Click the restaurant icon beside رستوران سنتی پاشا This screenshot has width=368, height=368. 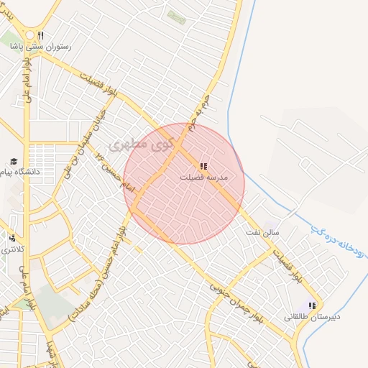point(41,34)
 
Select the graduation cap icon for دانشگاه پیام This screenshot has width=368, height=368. point(12,161)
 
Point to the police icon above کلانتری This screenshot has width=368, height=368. point(12,238)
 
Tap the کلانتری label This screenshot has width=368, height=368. point(12,249)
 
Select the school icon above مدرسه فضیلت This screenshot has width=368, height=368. point(203,165)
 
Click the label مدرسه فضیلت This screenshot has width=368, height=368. point(204,176)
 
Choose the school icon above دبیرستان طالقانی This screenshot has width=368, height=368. point(311,305)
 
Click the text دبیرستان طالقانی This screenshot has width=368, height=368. point(312,316)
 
